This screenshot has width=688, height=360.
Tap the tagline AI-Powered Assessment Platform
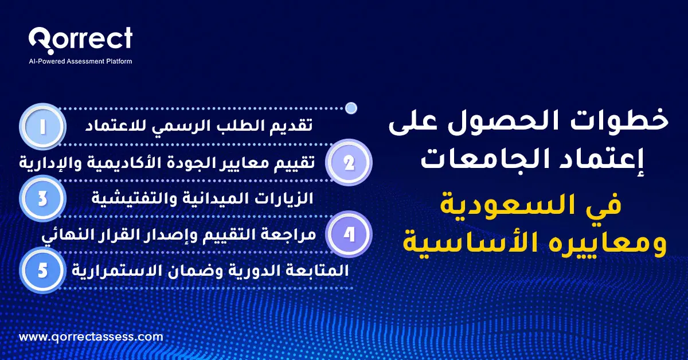click(80, 61)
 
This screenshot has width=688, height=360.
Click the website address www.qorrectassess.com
click(91, 337)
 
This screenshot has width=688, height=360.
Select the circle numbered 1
click(43, 127)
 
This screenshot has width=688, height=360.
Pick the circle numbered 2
click(349, 163)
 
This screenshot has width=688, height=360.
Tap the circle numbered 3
click(43, 198)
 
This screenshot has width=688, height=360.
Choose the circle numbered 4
click(349, 234)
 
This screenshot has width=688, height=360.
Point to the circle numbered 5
click(43, 270)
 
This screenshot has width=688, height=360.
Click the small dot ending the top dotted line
click(352, 107)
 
